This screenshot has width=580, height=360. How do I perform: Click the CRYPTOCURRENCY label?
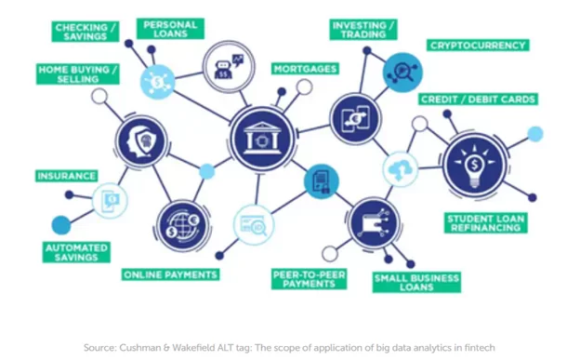[x=478, y=46]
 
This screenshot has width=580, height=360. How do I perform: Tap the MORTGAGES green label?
[x=305, y=69]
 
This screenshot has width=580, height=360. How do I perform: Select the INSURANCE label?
[x=67, y=176]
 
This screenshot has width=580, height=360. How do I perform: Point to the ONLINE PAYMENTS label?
[x=170, y=274]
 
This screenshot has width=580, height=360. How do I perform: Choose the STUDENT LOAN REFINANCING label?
[x=486, y=223]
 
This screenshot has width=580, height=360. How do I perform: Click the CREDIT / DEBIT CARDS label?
[x=478, y=100]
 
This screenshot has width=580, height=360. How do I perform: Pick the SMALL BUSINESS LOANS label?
[x=416, y=283]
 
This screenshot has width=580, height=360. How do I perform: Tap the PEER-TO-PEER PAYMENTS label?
[x=309, y=279]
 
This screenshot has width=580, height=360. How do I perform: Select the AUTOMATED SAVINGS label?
[x=76, y=253]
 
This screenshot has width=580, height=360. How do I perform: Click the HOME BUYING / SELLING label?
[x=78, y=74]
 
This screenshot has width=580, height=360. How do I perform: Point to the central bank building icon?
[x=262, y=139]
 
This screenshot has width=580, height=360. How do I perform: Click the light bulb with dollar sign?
[x=475, y=165]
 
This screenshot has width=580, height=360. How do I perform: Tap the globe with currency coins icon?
[x=183, y=225]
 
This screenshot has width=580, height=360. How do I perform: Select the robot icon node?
[x=229, y=66]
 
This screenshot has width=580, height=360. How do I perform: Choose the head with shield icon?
[x=141, y=141]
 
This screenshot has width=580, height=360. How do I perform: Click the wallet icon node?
[x=374, y=223]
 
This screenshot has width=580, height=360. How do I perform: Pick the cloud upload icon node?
[x=401, y=169]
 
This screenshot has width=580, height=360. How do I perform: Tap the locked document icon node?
[x=321, y=181]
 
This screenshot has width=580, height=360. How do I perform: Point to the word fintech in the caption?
[x=480, y=348]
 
